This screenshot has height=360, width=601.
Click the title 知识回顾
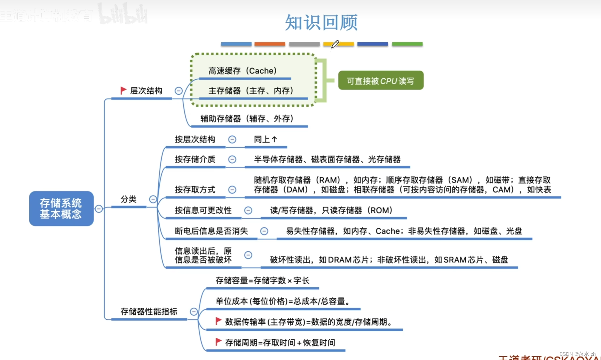(x=321, y=23)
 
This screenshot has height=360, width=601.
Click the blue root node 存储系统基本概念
(x=61, y=209)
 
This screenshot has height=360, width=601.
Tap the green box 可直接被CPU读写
(x=381, y=81)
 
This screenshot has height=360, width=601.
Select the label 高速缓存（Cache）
(x=243, y=71)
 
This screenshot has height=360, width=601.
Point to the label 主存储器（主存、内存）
(x=251, y=91)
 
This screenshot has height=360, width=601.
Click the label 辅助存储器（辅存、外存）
(x=247, y=119)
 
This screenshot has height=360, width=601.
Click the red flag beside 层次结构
(x=123, y=91)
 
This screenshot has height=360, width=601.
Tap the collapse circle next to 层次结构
(x=179, y=91)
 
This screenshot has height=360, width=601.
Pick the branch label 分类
(x=128, y=199)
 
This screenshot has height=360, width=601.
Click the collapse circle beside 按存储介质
(x=232, y=159)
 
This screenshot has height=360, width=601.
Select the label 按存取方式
(x=195, y=190)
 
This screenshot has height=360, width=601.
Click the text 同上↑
(x=266, y=140)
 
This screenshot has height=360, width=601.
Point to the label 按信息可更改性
(x=203, y=210)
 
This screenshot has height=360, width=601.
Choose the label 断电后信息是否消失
(x=211, y=231)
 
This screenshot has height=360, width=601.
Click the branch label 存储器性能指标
(x=149, y=312)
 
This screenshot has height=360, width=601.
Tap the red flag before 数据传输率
(x=219, y=321)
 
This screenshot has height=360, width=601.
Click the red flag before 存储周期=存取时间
(x=219, y=342)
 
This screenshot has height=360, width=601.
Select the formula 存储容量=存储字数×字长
(x=262, y=281)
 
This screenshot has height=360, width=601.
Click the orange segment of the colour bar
(x=270, y=44)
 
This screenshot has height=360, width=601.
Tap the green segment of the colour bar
(x=407, y=44)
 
